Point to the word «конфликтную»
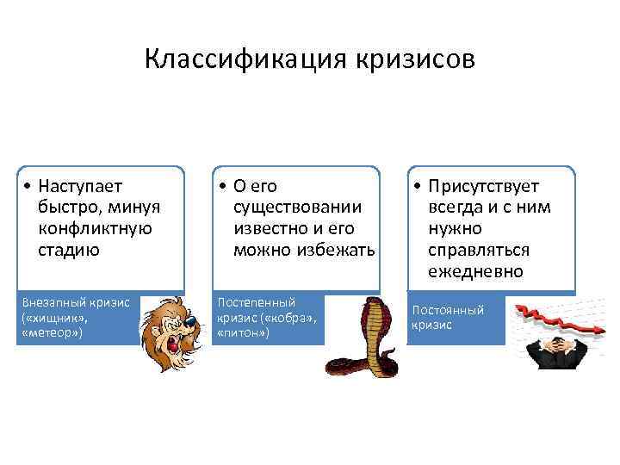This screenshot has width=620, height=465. (x=95, y=228)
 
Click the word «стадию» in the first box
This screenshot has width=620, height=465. (x=68, y=250)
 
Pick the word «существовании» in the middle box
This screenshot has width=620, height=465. (x=297, y=207)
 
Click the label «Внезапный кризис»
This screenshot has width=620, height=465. (x=76, y=302)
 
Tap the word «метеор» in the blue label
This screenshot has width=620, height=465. (x=50, y=331)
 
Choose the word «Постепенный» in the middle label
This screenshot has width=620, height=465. (x=257, y=302)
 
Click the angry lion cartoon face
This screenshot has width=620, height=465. (x=173, y=332)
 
